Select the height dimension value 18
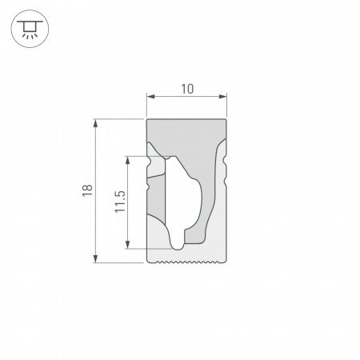tap(87, 190)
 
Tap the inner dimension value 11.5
tap(119, 202)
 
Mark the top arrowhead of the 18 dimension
tap(97, 123)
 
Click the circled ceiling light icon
tap(28, 30)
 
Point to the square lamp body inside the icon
tap(28, 26)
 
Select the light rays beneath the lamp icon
tap(28, 36)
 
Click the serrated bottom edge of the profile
tap(187, 261)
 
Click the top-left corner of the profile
tap(148, 121)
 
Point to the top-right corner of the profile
tap(226, 121)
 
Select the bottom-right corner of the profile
tap(226, 260)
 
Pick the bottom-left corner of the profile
tap(148, 260)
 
